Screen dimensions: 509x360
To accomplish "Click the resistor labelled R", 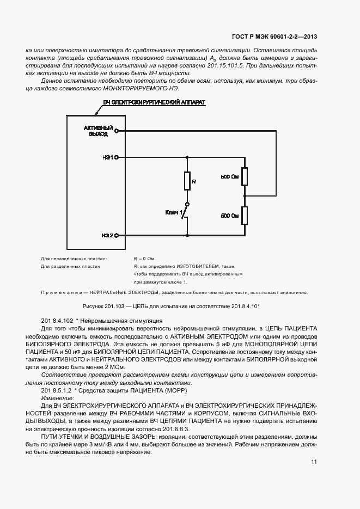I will click(x=187, y=181).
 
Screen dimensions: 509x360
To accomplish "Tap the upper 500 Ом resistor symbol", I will click(x=245, y=177).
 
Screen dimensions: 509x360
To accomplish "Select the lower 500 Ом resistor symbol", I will click(x=245, y=216).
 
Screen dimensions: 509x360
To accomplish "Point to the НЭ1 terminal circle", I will click(x=117, y=157).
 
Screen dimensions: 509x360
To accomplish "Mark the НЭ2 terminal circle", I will click(x=117, y=235).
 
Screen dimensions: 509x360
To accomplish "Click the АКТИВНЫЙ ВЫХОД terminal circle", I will click(x=117, y=131).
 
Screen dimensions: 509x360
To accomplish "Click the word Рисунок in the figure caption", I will click(x=92, y=306).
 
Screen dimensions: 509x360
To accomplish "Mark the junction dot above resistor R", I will click(x=187, y=157).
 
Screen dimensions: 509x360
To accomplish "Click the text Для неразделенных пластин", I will click(x=74, y=258).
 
